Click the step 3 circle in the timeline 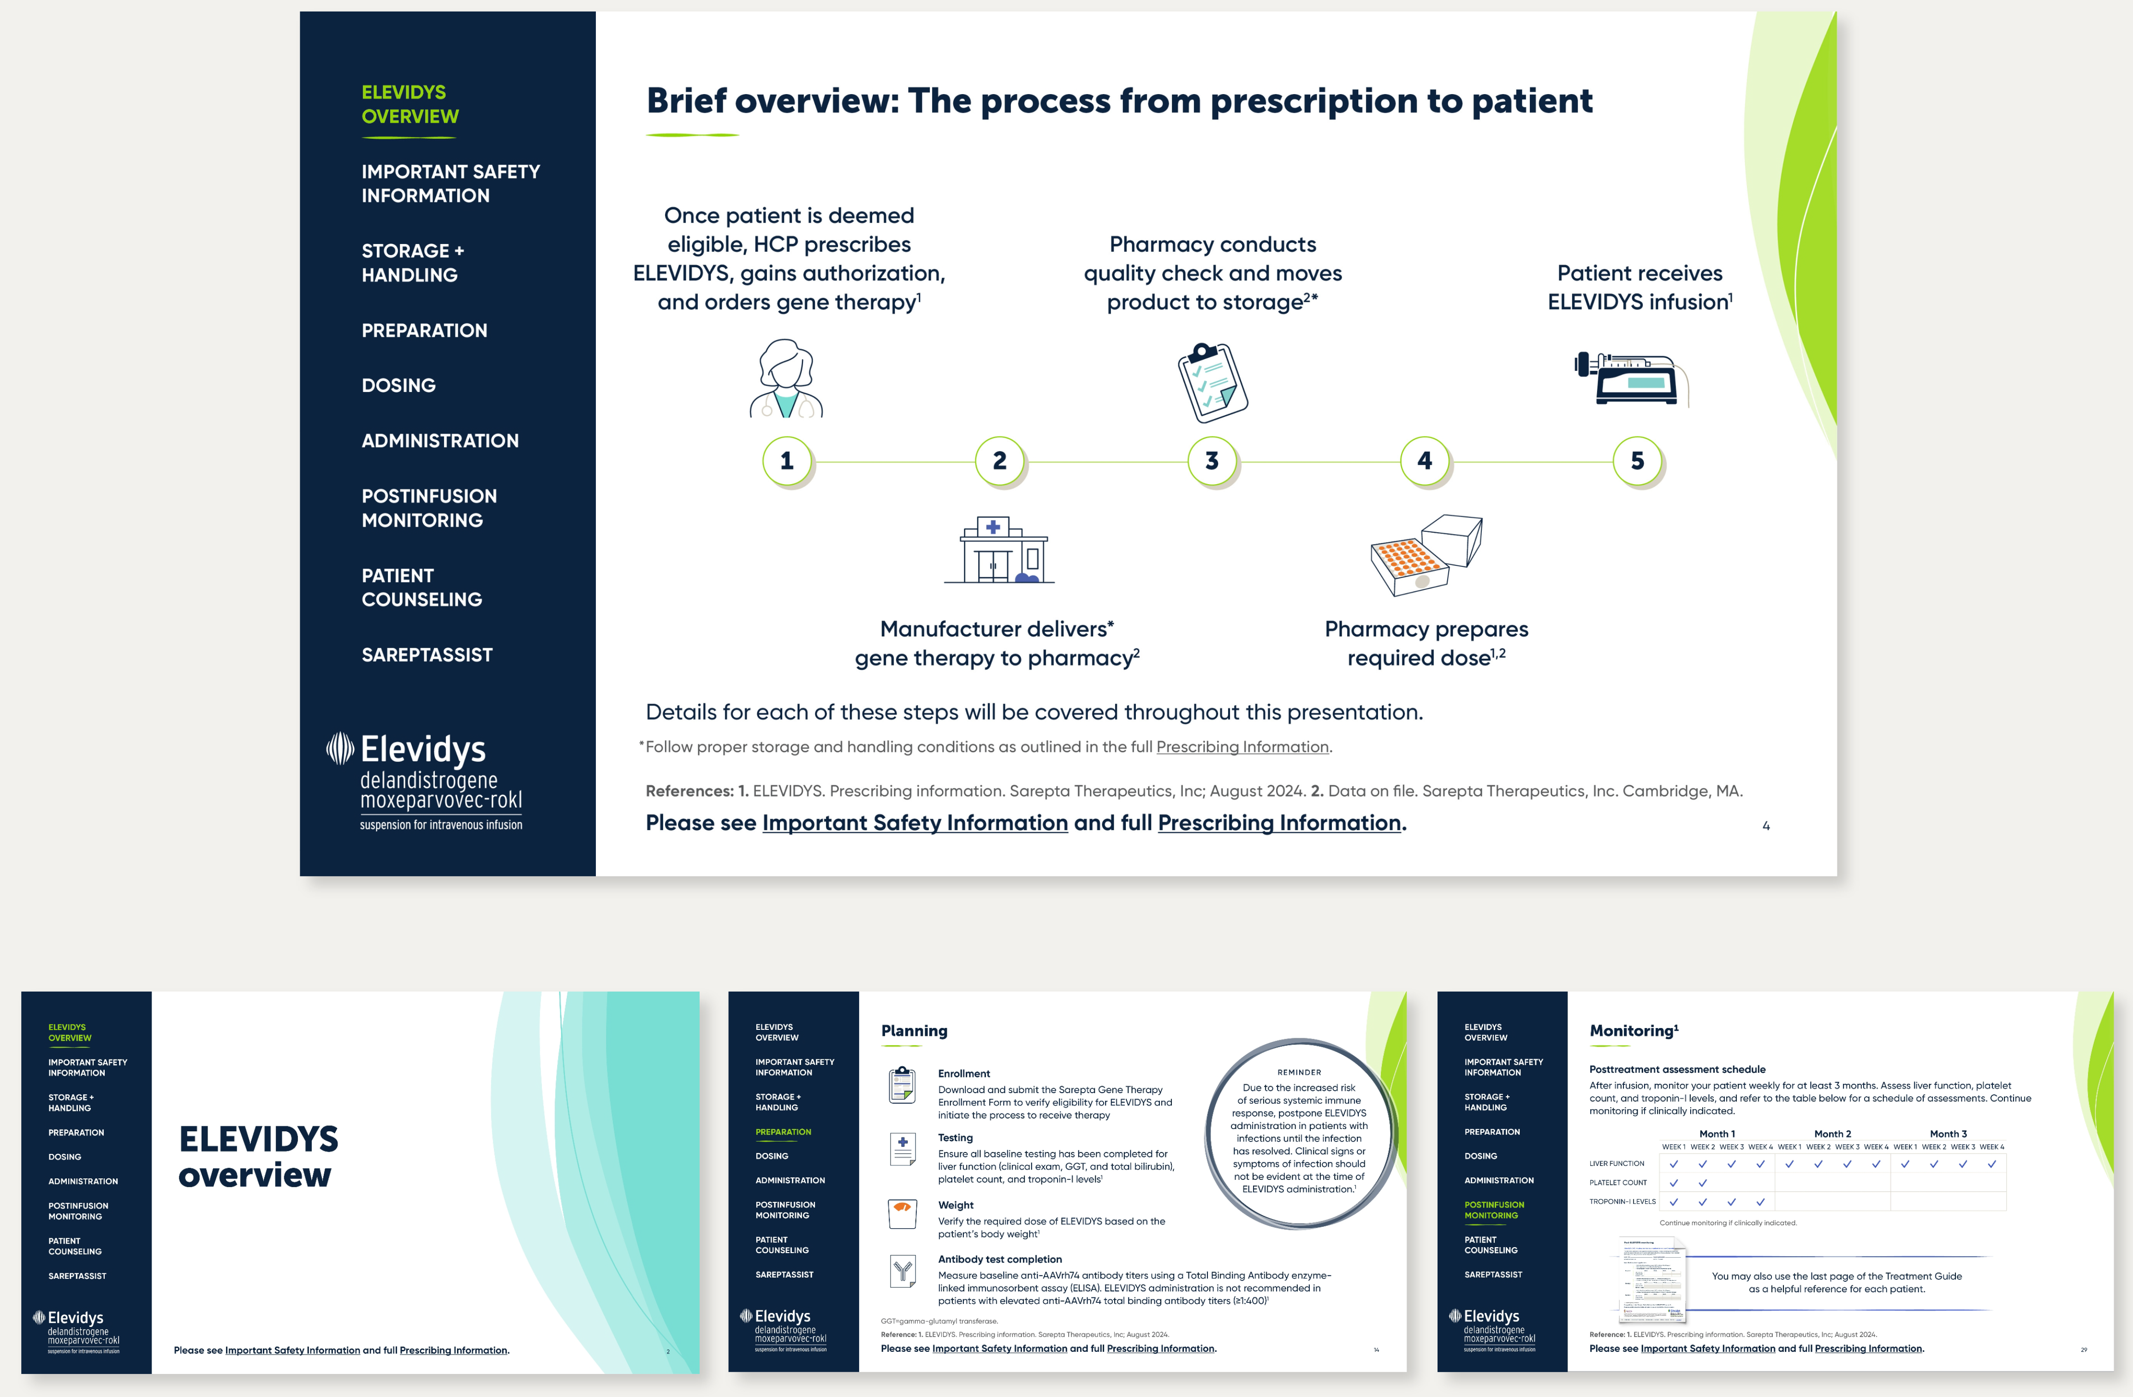tap(1212, 461)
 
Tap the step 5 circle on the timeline tap(1637, 461)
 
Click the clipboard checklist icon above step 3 tap(1212, 382)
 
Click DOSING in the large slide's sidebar tap(399, 385)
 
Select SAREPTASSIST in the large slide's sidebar tap(427, 655)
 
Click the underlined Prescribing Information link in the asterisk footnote tap(1242, 746)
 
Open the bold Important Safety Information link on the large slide tap(914, 823)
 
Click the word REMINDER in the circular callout tap(1299, 1072)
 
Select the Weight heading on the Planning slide tap(956, 1205)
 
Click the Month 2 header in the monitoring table tap(1832, 1134)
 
